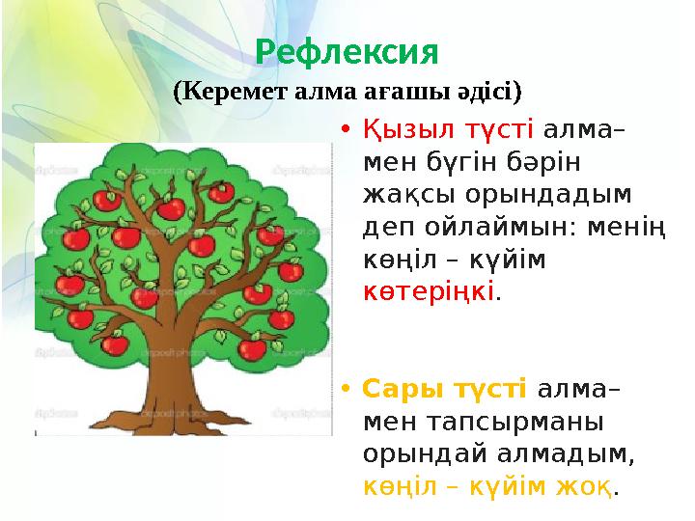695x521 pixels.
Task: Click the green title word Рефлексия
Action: (347, 50)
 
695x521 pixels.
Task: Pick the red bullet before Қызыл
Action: (345, 131)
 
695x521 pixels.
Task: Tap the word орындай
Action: (433, 453)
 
